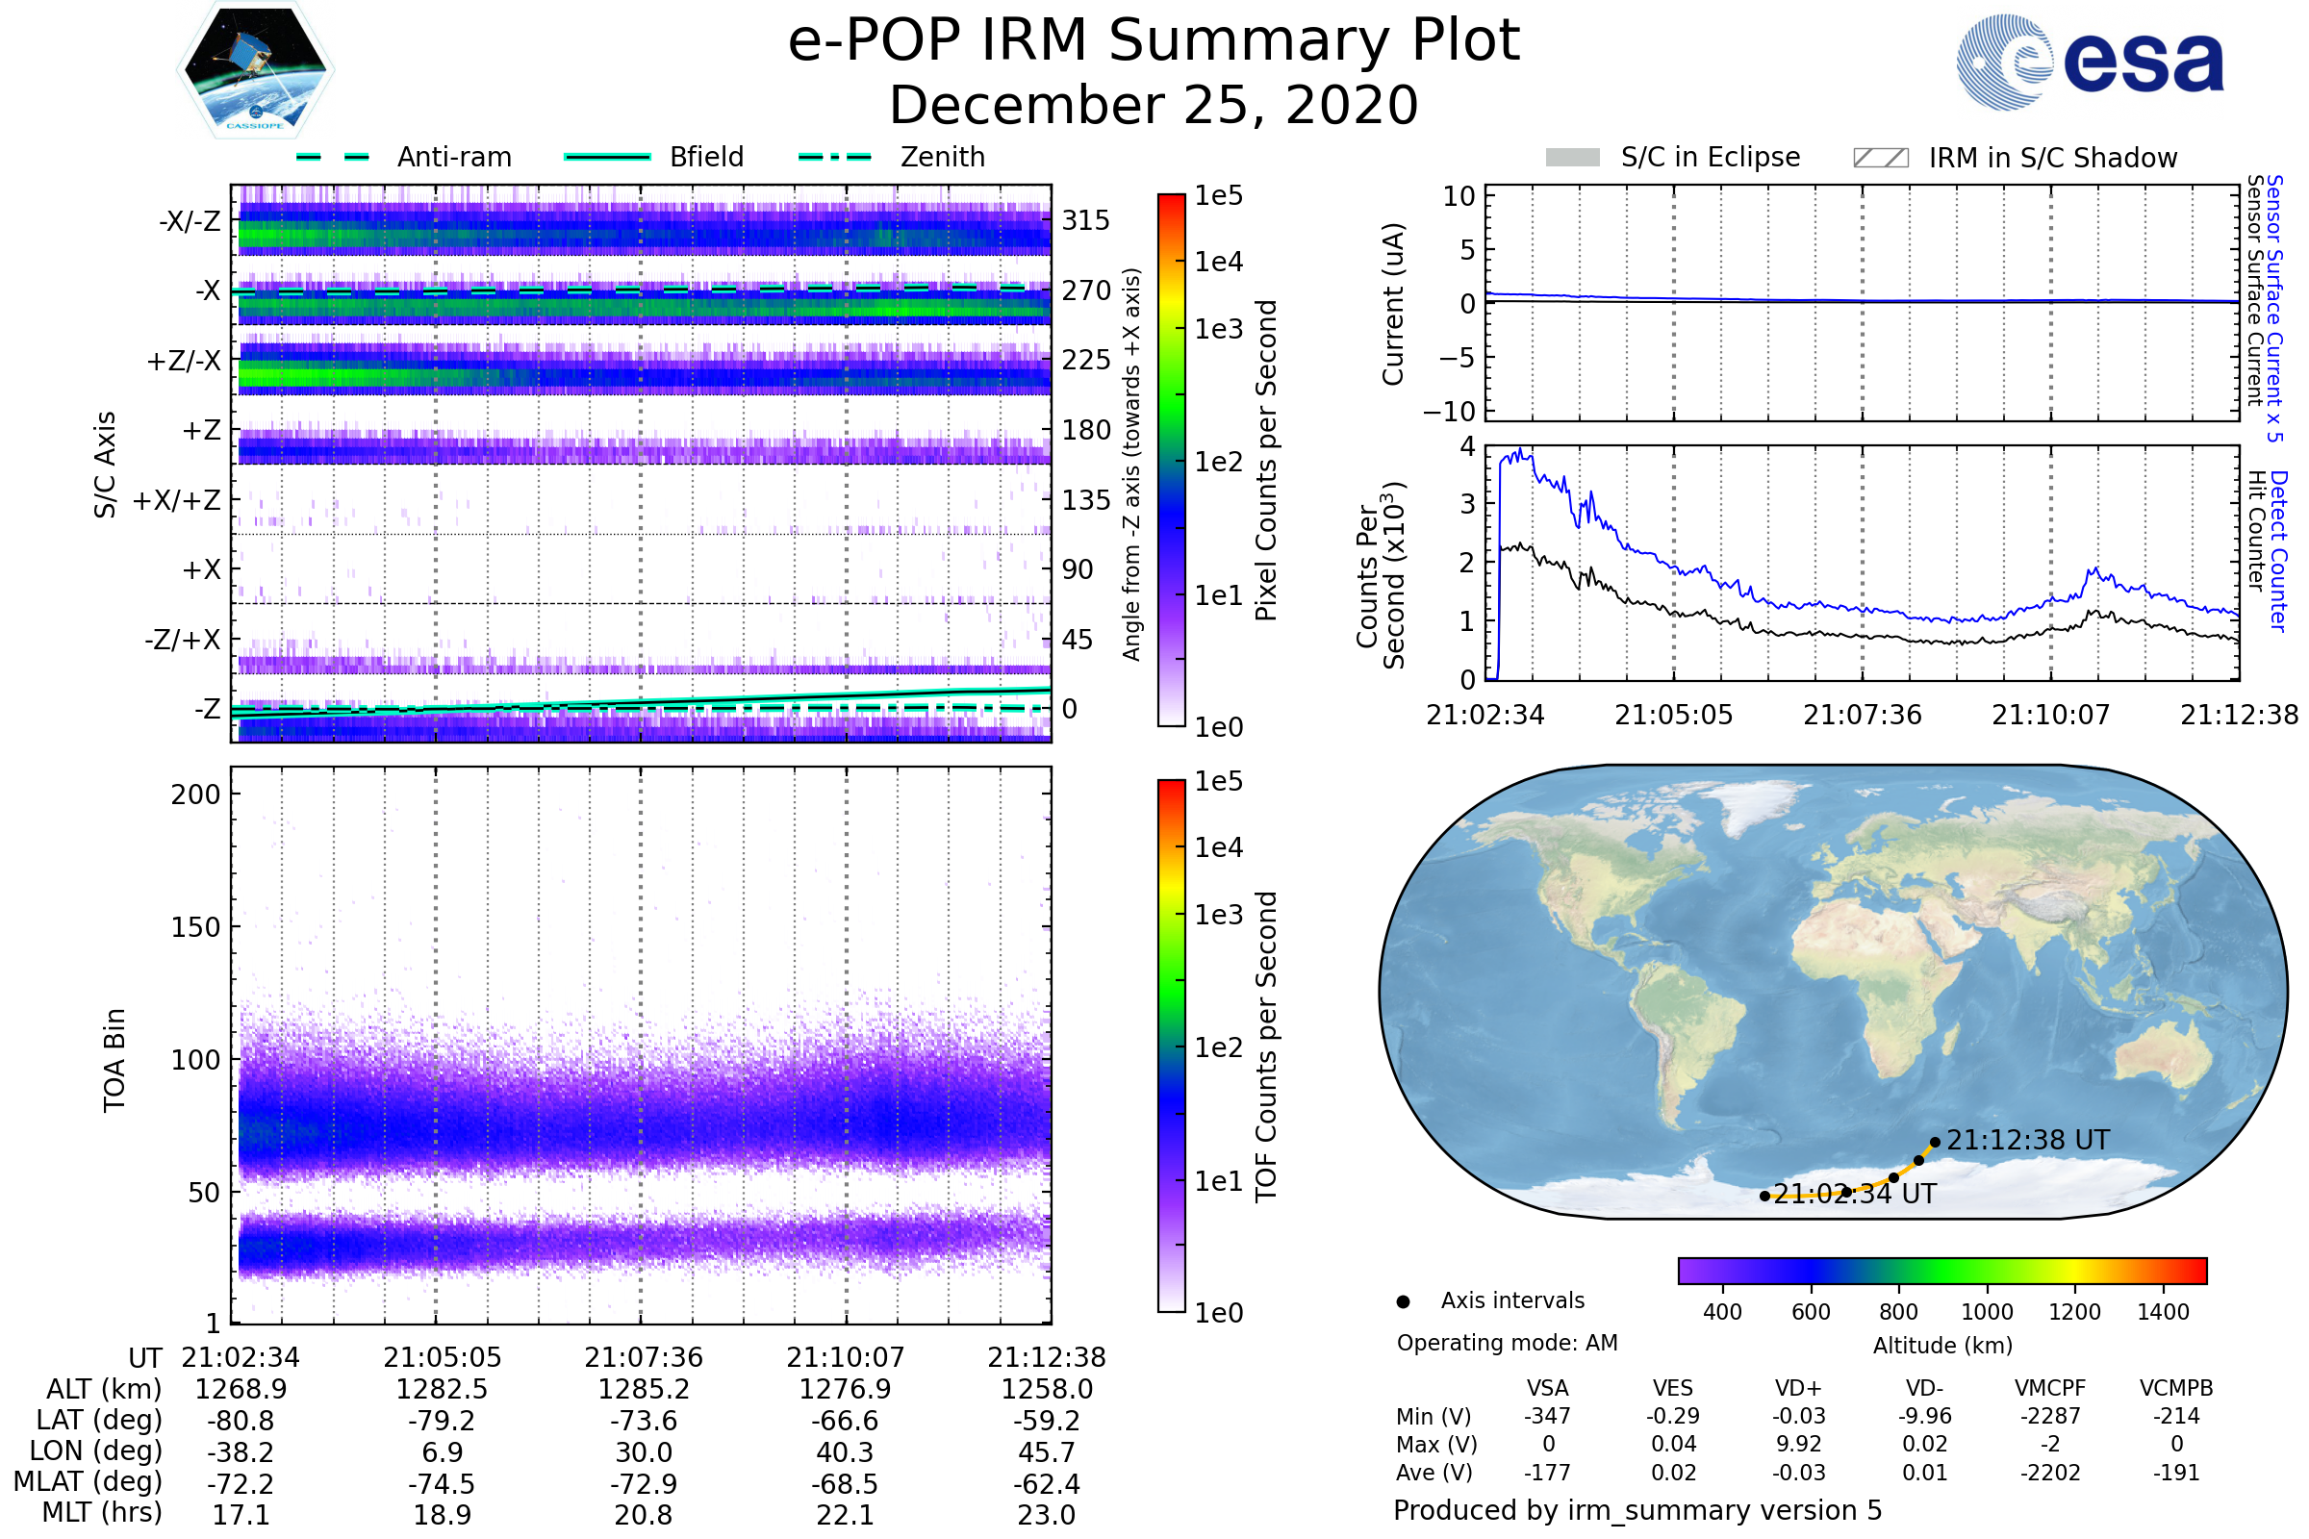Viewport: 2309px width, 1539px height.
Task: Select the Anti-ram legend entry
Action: point(453,157)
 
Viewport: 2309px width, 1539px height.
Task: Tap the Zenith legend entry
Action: point(942,157)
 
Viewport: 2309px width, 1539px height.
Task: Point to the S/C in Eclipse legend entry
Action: point(1710,157)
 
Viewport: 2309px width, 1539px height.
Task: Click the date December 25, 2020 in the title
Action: point(1154,105)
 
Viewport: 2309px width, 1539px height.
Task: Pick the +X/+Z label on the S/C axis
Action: point(177,500)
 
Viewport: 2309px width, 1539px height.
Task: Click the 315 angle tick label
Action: point(1085,220)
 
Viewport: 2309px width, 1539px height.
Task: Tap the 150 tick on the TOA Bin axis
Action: point(195,926)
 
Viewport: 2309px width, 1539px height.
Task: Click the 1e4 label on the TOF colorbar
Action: point(1218,847)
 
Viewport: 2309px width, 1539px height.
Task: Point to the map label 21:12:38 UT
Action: point(2027,1140)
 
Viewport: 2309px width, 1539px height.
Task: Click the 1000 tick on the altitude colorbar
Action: point(1986,1311)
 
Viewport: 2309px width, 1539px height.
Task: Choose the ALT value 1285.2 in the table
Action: point(643,1389)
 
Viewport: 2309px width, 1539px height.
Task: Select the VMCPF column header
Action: point(2050,1388)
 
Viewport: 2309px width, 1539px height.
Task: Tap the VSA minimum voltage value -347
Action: point(1547,1415)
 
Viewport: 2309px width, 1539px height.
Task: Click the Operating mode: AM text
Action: point(1507,1343)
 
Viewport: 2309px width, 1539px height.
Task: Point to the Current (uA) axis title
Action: point(1393,304)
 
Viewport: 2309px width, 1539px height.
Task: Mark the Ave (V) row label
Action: point(1434,1473)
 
